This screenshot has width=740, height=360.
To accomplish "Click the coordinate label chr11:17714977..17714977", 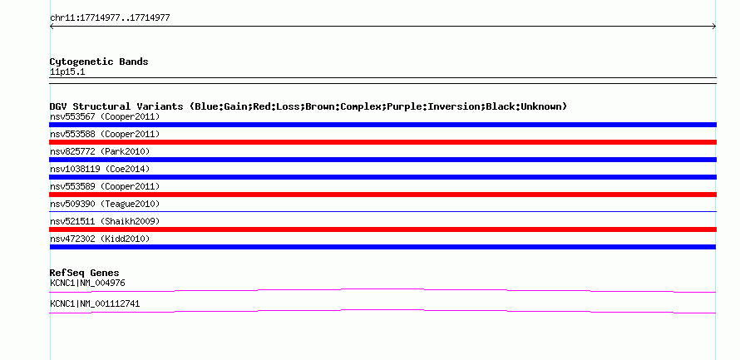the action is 110,18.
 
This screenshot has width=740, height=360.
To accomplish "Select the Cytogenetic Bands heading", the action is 99,62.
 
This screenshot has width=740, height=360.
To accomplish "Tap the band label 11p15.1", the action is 67,72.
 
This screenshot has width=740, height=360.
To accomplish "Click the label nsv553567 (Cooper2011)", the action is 105,116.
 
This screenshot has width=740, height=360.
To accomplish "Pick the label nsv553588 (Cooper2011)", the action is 105,134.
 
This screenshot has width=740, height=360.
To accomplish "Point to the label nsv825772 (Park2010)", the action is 100,151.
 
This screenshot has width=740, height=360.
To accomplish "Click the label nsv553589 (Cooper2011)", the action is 105,186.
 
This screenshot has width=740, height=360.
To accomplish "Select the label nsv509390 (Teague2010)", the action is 105,204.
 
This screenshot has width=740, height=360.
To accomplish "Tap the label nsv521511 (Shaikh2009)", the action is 105,221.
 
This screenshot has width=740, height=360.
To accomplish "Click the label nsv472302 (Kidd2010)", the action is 100,239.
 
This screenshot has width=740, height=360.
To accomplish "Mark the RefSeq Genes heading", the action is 85,273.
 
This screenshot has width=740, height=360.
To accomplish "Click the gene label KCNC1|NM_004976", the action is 87,283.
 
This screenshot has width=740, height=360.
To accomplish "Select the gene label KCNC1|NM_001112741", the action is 95,303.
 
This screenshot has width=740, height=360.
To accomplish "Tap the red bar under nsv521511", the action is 382,229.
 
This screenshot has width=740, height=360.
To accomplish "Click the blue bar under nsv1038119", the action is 382,177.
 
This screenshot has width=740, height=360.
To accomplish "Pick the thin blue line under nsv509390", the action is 382,211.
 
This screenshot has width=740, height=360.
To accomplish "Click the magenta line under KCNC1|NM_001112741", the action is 382,310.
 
